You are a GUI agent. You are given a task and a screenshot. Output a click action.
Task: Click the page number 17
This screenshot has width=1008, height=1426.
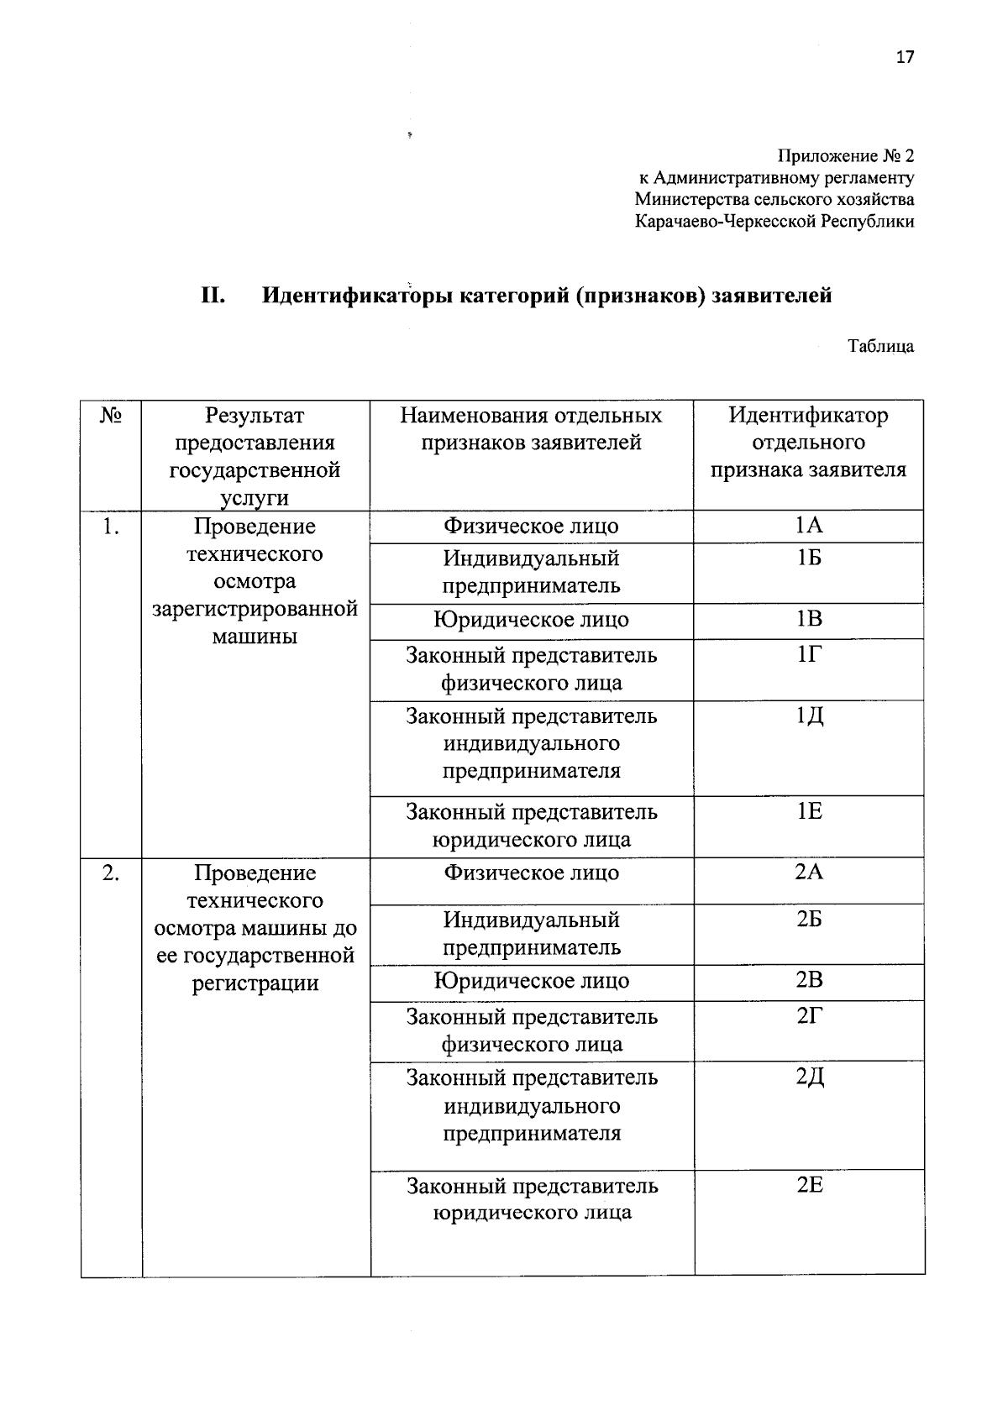coord(905,57)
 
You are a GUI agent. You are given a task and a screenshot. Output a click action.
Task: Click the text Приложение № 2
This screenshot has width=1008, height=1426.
coord(845,156)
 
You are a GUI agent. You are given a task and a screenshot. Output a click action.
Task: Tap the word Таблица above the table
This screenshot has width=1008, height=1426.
coord(880,346)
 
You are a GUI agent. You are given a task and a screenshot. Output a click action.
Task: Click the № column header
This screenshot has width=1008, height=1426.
coord(111,416)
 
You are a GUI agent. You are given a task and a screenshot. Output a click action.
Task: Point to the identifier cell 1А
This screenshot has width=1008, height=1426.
coord(809,526)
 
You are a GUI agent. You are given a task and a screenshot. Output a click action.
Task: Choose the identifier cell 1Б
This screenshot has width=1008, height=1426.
coord(809,558)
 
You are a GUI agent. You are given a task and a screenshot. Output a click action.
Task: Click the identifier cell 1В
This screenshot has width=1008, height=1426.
coord(809,619)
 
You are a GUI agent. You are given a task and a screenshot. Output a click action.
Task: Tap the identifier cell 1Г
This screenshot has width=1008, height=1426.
coord(808,654)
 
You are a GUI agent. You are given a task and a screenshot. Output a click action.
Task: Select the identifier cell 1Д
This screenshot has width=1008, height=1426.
coord(810,716)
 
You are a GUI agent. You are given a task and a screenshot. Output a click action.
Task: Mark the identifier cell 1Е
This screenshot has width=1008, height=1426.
coord(809,811)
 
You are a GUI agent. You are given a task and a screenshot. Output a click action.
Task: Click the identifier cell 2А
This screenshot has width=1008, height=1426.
coord(809,872)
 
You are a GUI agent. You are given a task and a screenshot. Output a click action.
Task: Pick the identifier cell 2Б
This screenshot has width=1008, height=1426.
coord(809,919)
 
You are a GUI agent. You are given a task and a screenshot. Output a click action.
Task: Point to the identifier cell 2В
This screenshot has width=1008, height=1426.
coord(809,980)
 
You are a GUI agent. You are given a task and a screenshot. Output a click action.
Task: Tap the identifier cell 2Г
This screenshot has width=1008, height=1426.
coord(808,1016)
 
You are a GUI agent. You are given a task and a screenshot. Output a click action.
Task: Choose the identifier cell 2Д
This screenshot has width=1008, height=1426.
coord(810,1077)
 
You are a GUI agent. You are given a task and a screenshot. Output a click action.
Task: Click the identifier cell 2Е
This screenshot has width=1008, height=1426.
coord(809,1185)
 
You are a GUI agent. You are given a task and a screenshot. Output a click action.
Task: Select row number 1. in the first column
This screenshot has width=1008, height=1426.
coord(110,527)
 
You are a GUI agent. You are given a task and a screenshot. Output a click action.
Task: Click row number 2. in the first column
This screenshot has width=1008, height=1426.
coord(110,873)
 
